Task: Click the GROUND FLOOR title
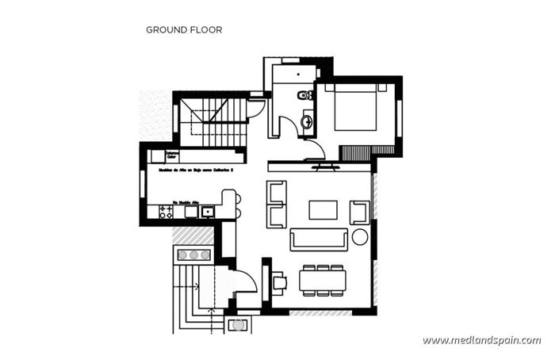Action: click(x=183, y=30)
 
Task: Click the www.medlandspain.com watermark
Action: click(x=481, y=340)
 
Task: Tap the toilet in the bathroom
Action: click(x=304, y=96)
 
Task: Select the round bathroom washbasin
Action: click(x=307, y=121)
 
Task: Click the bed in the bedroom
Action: click(x=356, y=109)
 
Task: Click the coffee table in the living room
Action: click(x=322, y=209)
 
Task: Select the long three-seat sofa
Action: click(x=317, y=239)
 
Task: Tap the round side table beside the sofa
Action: click(x=359, y=236)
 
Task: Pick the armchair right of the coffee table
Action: click(x=358, y=211)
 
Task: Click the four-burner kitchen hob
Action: click(x=167, y=212)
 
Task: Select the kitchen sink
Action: click(x=207, y=211)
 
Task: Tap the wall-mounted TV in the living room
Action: click(x=324, y=167)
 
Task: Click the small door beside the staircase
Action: click(x=257, y=107)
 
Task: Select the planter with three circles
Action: click(x=193, y=255)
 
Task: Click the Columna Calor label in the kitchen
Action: click(x=172, y=155)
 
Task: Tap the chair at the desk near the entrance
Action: click(x=279, y=281)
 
